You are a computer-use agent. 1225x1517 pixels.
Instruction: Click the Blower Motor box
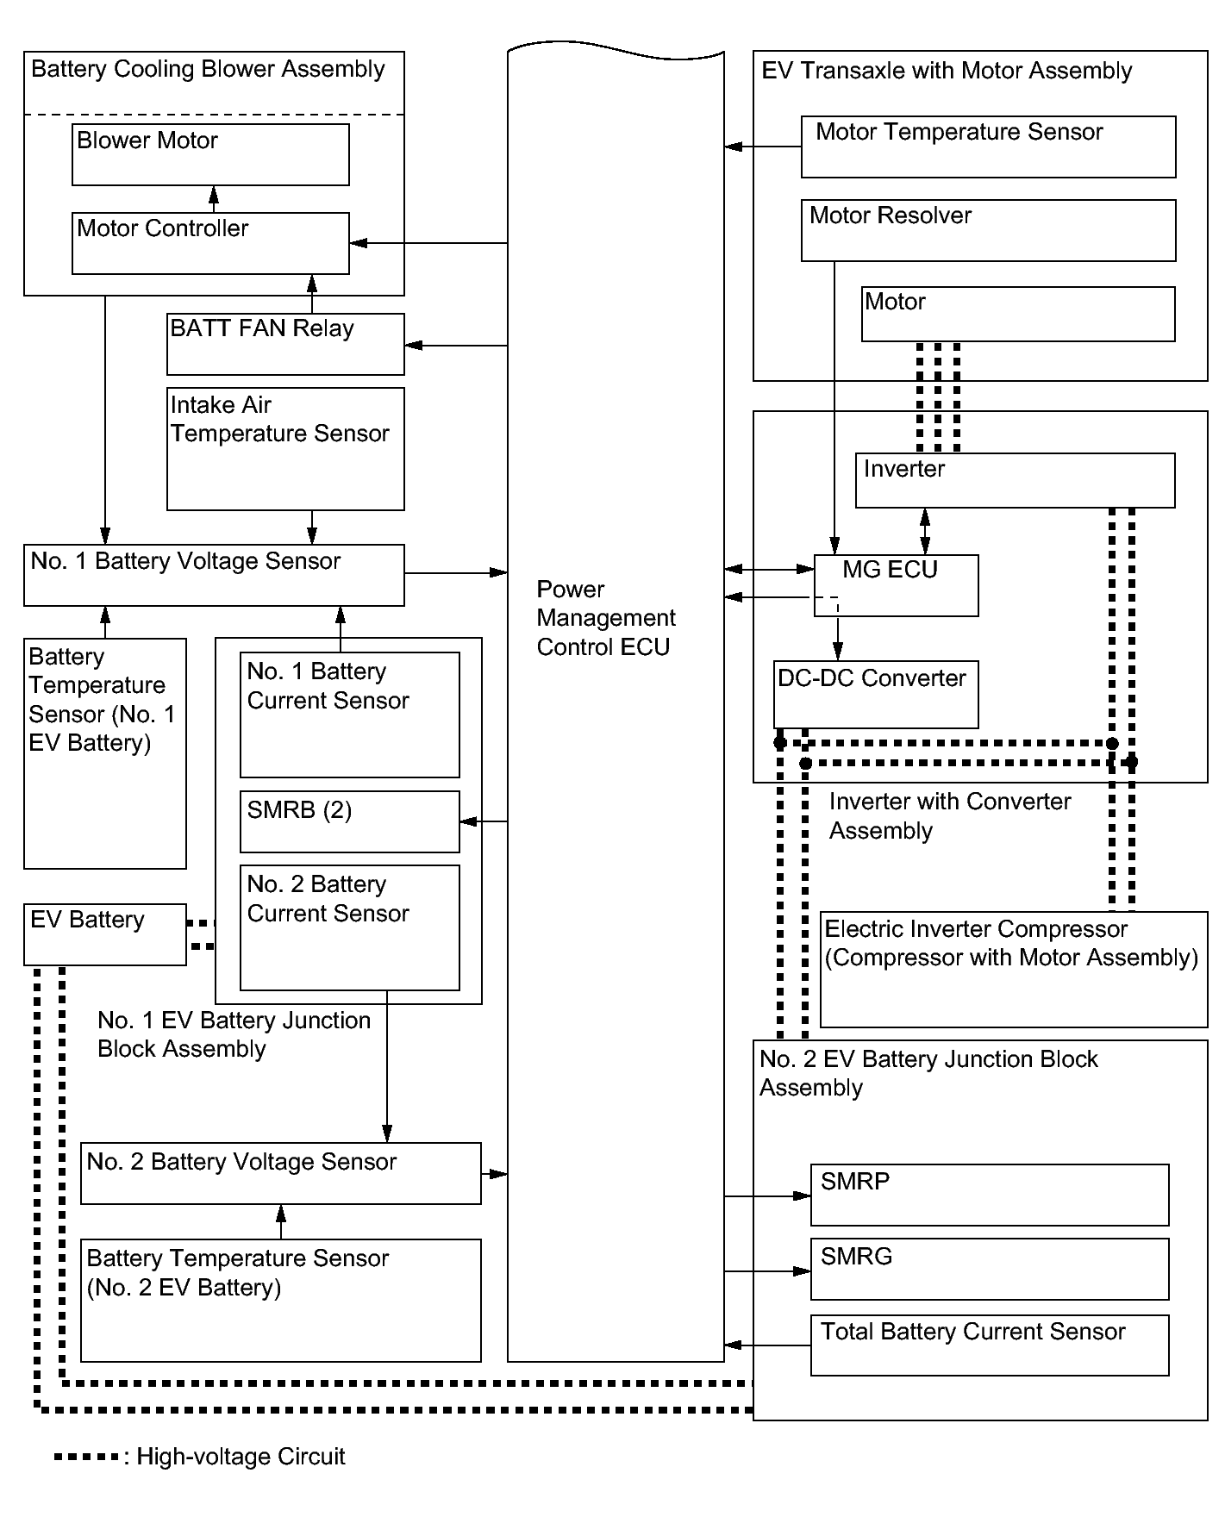coord(210,154)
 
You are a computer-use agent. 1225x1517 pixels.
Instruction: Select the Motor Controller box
coord(210,243)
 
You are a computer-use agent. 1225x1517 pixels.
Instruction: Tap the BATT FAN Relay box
coord(285,344)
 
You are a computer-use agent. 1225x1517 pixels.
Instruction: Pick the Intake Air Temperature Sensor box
coord(285,449)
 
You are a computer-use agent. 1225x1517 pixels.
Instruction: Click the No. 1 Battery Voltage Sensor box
coord(214,575)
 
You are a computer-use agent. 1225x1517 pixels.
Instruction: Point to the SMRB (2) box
coord(349,821)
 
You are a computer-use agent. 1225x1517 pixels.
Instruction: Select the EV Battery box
coord(105,934)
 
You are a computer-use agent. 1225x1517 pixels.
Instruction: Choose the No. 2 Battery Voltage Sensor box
coord(280,1173)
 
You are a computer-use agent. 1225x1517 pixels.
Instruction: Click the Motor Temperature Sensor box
coord(988,147)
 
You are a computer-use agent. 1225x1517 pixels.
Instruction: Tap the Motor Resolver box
coord(988,231)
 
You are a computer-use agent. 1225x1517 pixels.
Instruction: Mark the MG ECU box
coord(896,585)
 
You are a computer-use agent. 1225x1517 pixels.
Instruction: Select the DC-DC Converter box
coord(876,695)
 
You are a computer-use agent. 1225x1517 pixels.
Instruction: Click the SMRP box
coord(990,1195)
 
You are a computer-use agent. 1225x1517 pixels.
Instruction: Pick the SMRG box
coord(990,1269)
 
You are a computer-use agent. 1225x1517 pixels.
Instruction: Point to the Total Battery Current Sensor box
coord(990,1345)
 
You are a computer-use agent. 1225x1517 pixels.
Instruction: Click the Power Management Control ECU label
coord(606,618)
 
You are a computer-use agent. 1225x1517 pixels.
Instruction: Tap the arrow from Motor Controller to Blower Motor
coord(215,199)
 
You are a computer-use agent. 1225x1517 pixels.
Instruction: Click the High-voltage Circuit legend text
coord(241,1457)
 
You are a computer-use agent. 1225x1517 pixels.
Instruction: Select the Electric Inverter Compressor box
coord(1014,970)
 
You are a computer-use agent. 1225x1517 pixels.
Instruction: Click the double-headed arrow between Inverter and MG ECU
coord(925,531)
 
